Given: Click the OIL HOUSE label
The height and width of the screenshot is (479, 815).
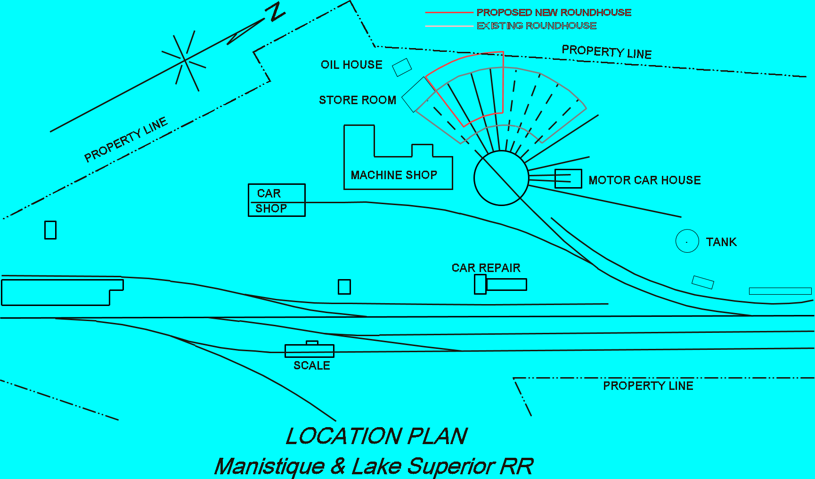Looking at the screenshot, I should (351, 65).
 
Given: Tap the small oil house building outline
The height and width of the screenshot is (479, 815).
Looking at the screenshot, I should (402, 67).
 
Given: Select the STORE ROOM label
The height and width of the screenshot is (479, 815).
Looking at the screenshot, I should (358, 100).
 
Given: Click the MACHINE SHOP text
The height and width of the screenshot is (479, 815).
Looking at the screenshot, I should (394, 175).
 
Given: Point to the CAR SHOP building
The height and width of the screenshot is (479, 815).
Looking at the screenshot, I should (277, 200).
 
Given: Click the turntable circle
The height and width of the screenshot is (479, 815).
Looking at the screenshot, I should (501, 178).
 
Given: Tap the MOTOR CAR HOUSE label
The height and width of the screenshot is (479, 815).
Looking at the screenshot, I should (644, 180).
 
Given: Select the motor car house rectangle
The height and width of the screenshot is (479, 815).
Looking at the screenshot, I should (568, 179).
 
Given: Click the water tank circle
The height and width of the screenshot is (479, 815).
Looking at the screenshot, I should (687, 241).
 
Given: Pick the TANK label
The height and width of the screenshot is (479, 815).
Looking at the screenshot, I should (721, 242).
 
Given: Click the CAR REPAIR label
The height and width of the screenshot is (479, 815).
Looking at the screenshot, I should (486, 268).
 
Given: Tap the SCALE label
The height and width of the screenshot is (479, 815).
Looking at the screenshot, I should (311, 365).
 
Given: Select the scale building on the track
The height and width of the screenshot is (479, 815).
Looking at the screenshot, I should (309, 350).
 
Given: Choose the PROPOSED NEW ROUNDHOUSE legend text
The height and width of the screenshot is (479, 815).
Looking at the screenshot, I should (554, 13).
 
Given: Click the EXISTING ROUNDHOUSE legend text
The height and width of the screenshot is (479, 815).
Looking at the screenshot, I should (537, 26).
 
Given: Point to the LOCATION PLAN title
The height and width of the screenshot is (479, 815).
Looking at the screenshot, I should (377, 436).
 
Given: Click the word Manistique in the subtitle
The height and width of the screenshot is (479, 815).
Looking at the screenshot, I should (269, 466).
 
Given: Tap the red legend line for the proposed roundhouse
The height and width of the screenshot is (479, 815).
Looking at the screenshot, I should (448, 13).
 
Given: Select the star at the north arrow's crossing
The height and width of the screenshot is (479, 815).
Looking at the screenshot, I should (185, 60).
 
